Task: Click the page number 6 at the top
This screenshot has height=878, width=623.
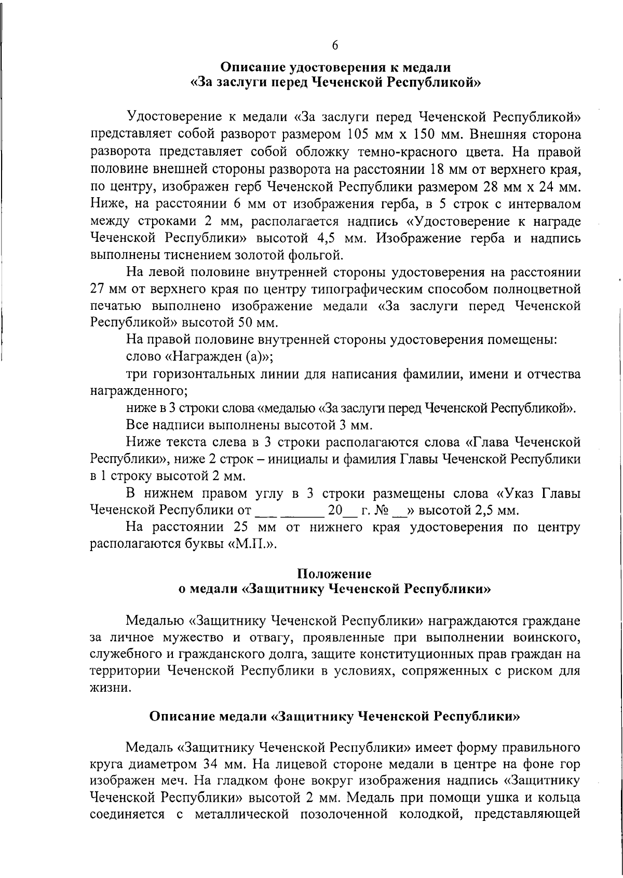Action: point(335,45)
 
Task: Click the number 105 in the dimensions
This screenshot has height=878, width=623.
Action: point(356,135)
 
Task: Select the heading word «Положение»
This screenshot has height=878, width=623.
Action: point(334,574)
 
